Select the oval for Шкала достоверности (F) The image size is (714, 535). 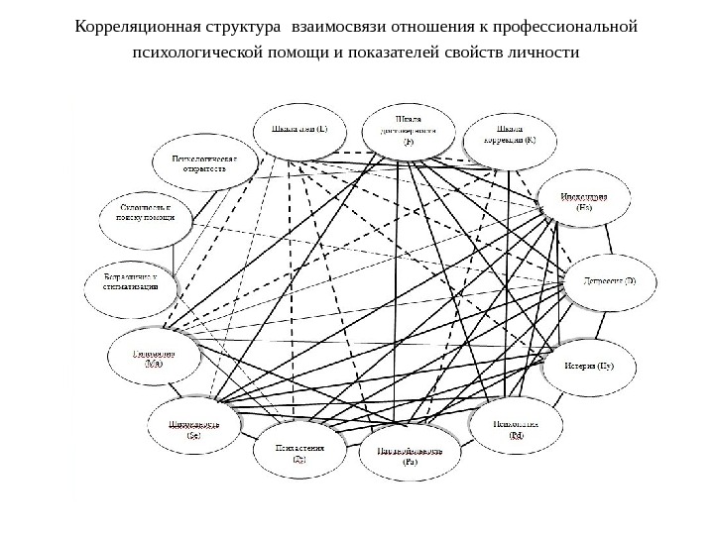[x=410, y=130]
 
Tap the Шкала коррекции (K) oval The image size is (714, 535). [x=509, y=135]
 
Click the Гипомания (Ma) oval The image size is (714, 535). [x=154, y=358]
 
